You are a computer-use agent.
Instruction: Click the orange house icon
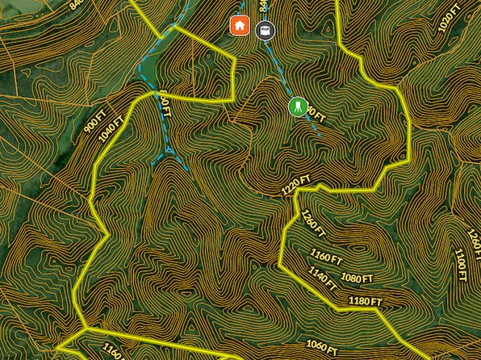click(239, 26)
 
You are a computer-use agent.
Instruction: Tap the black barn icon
click(264, 31)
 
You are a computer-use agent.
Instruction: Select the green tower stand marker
click(298, 106)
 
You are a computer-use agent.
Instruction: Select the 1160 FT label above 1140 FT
click(327, 257)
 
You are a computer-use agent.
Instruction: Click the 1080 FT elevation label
click(357, 278)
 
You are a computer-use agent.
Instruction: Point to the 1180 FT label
click(365, 302)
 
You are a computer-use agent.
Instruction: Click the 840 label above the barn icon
click(262, 6)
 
